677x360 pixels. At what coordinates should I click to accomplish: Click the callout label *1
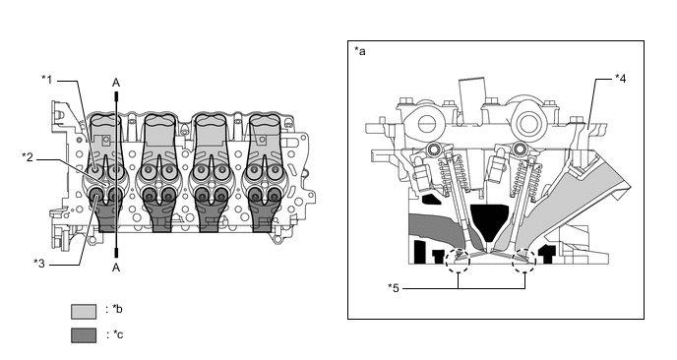(x=46, y=80)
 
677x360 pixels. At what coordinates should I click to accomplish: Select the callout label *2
(x=28, y=156)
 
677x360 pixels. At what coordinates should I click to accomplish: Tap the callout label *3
(x=39, y=263)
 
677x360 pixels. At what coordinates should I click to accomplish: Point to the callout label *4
(x=621, y=78)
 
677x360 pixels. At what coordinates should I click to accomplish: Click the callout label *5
(x=394, y=287)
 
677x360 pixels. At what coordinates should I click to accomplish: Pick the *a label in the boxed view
(x=360, y=51)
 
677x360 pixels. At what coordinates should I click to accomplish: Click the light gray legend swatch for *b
(x=84, y=311)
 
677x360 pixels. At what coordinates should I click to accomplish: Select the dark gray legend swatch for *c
(x=84, y=335)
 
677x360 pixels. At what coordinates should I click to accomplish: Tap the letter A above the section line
(x=116, y=83)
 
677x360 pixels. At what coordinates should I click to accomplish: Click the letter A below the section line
(x=116, y=268)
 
